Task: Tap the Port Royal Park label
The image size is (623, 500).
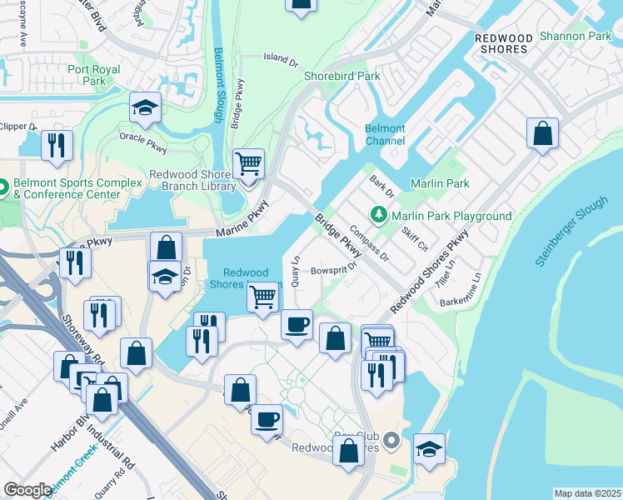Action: pos(87,75)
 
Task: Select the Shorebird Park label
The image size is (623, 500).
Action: pos(341,76)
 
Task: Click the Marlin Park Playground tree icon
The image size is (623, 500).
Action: pos(380,216)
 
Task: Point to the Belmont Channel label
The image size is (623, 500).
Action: pos(385,135)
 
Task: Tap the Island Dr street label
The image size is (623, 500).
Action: pos(280,59)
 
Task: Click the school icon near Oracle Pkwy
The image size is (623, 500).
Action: pos(145,107)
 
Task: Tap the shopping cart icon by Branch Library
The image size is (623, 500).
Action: pos(248,162)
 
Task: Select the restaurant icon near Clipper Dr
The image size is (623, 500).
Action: pos(57,145)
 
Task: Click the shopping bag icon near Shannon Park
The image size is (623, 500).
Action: pos(542,133)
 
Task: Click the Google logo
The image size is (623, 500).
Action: pos(27,490)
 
